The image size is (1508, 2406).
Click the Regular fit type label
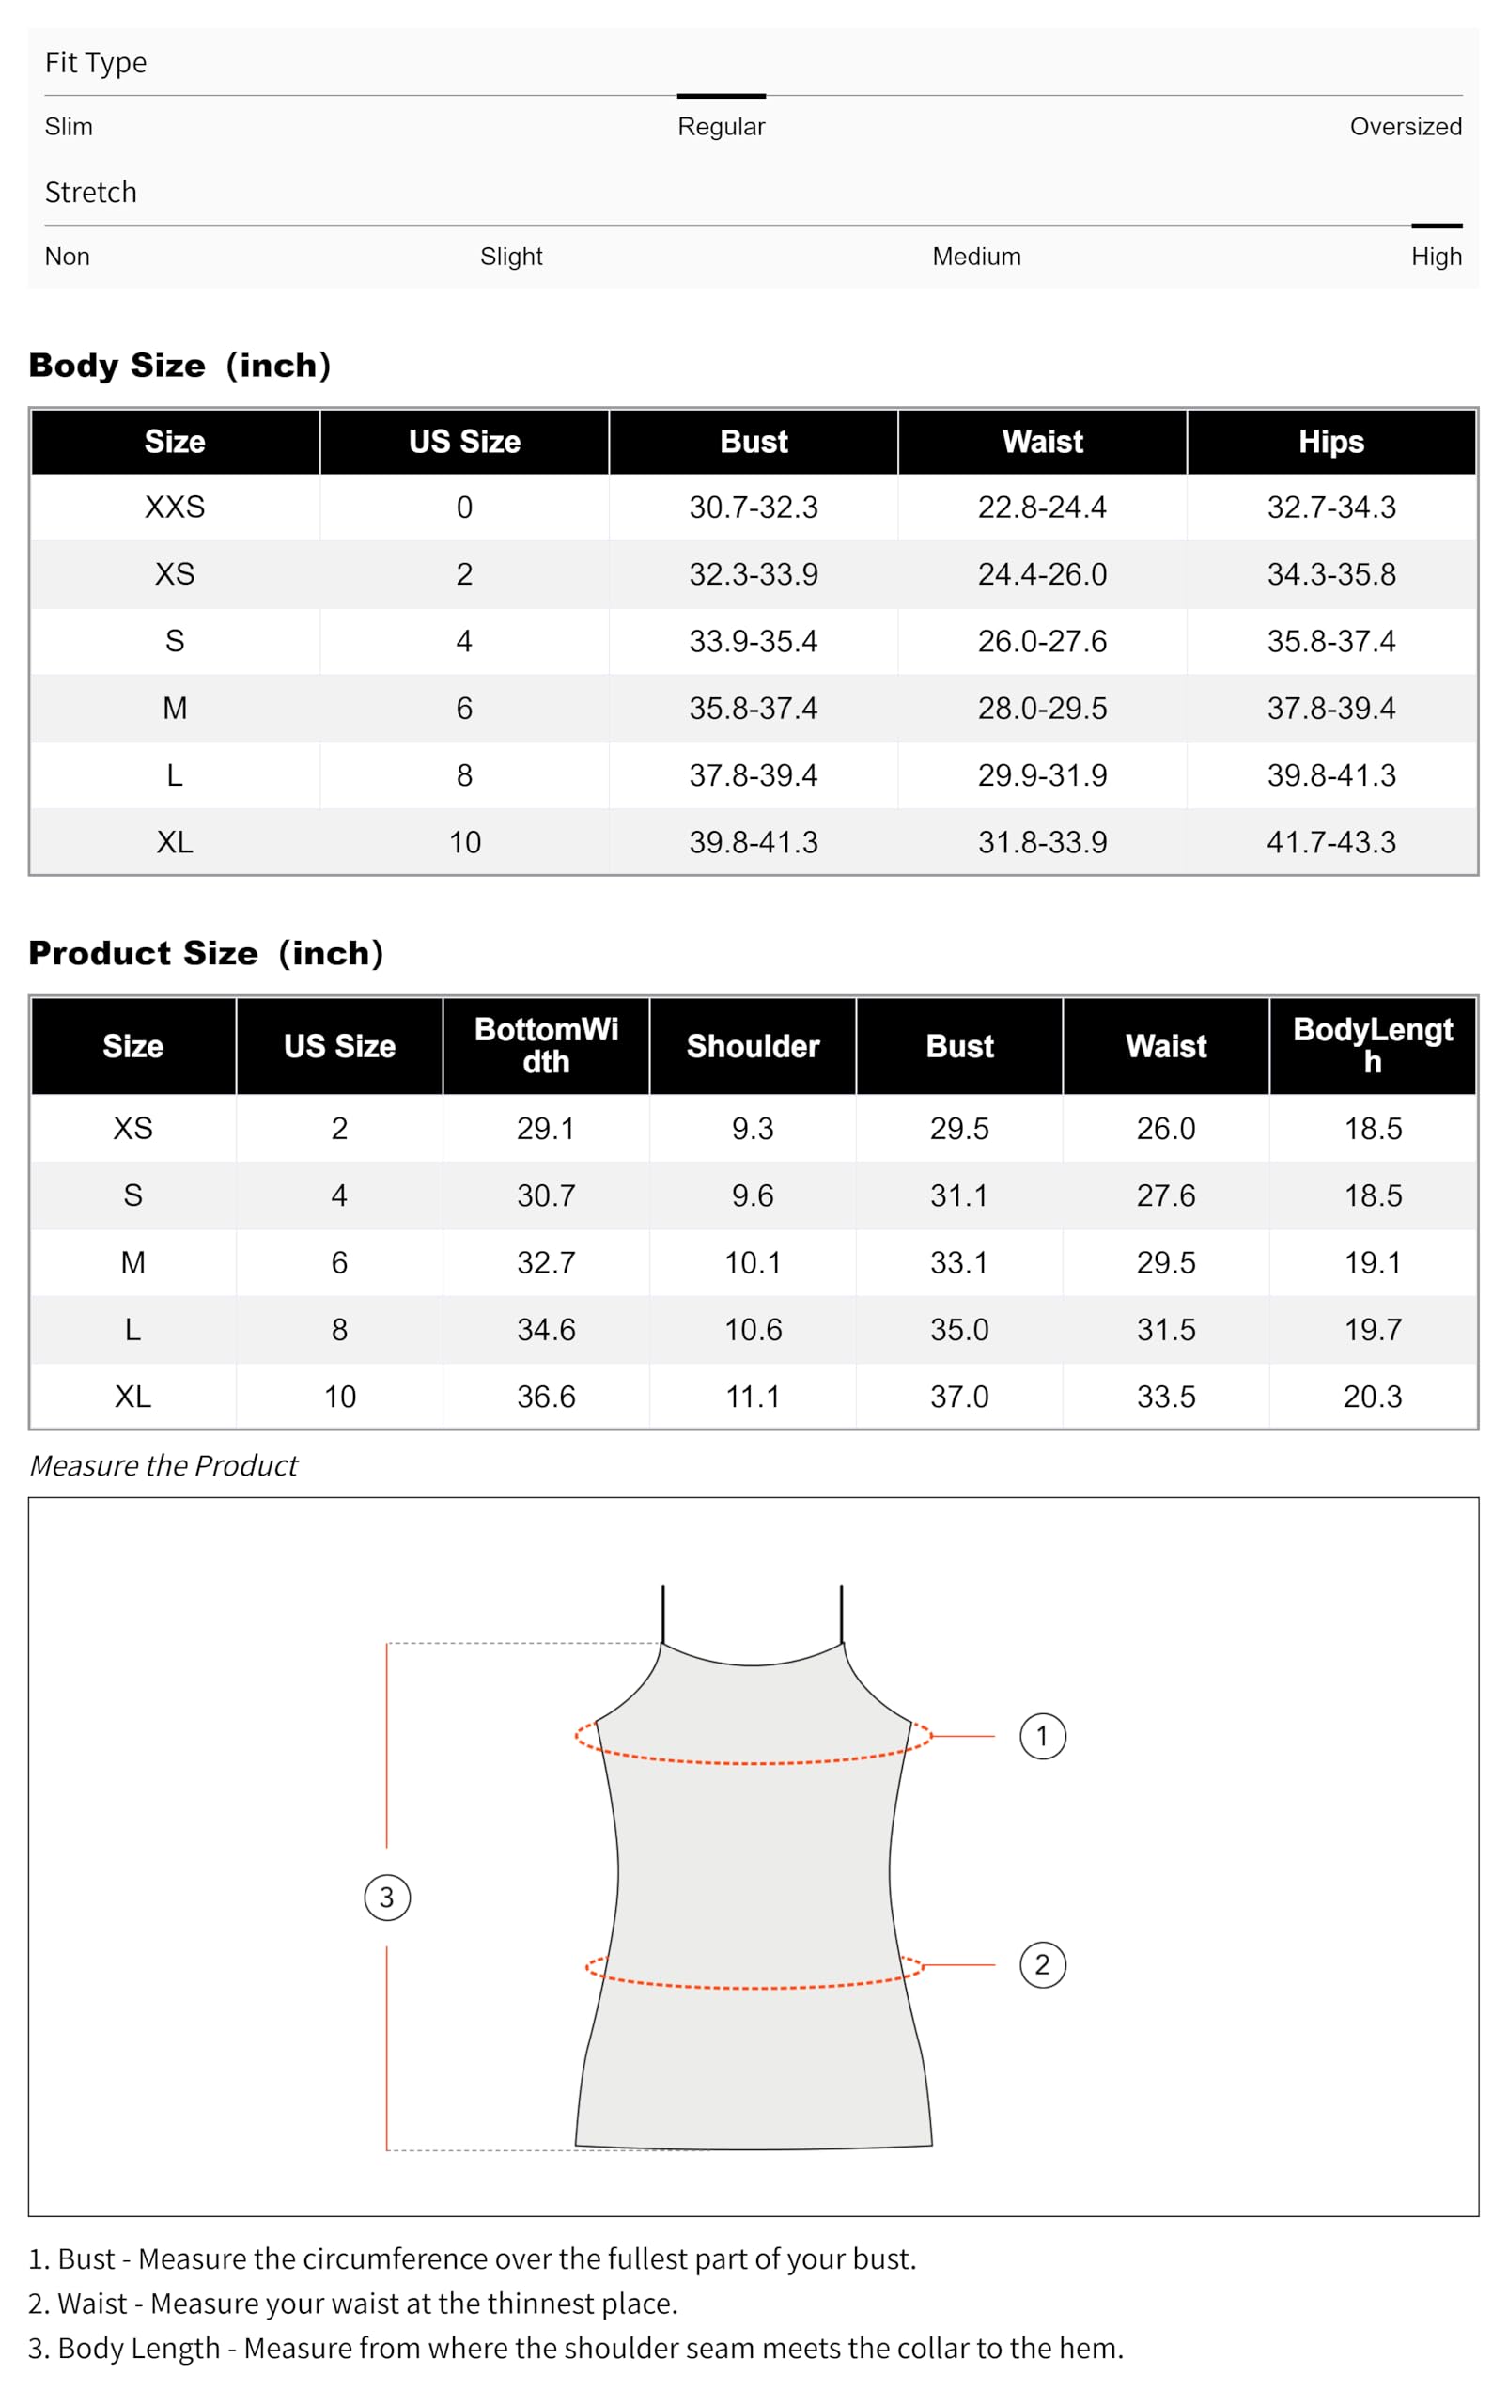tap(720, 127)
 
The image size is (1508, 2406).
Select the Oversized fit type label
tap(1405, 127)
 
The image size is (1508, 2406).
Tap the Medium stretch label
tap(975, 257)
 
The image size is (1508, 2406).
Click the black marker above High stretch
tap(1437, 227)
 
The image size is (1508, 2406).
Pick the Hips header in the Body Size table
tap(1330, 442)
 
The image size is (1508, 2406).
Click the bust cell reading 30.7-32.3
tap(753, 508)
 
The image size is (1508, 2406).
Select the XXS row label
tap(175, 508)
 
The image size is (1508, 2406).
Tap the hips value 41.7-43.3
tap(1330, 843)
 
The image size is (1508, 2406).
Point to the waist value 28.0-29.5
tap(1041, 709)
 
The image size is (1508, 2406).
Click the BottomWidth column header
tap(546, 1045)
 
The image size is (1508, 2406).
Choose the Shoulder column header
tap(752, 1046)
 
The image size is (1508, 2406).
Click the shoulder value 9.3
tap(752, 1128)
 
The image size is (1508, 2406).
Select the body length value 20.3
tap(1372, 1397)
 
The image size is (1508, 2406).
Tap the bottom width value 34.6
tap(546, 1330)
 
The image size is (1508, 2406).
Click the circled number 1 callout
tap(1042, 1737)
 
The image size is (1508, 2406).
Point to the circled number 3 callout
tap(387, 1898)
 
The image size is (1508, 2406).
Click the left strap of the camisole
tap(663, 1612)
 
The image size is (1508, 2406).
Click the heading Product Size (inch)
tap(206, 954)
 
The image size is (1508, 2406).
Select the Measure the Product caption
tap(163, 1465)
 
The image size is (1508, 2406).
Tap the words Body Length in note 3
tap(139, 2348)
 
